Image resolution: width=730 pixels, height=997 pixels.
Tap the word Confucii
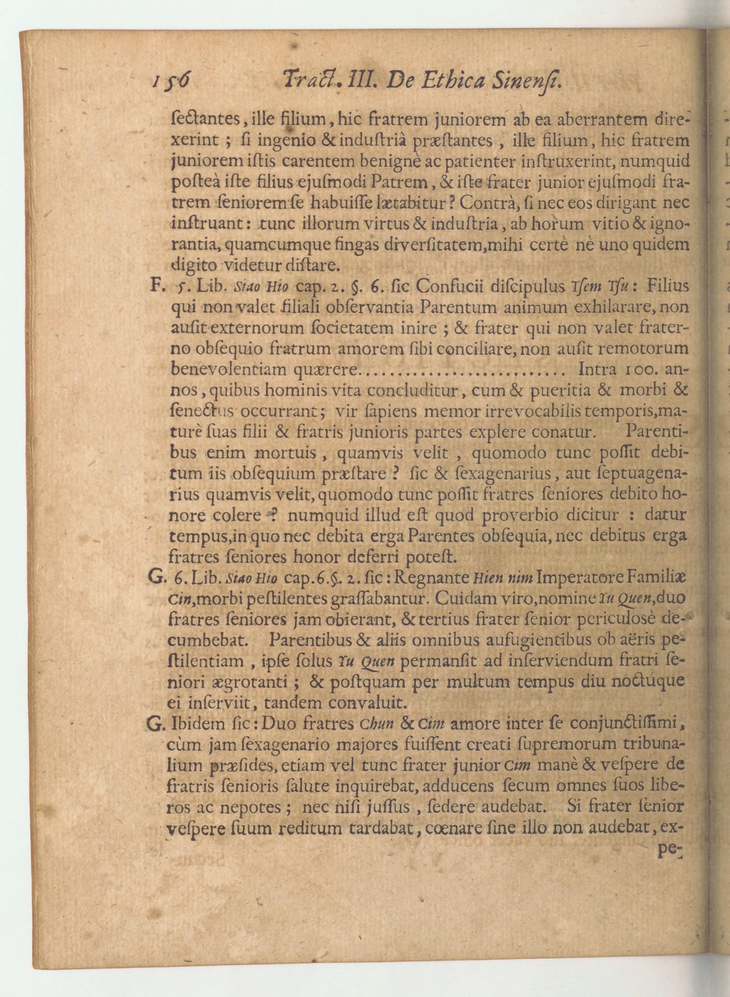[x=452, y=287]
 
